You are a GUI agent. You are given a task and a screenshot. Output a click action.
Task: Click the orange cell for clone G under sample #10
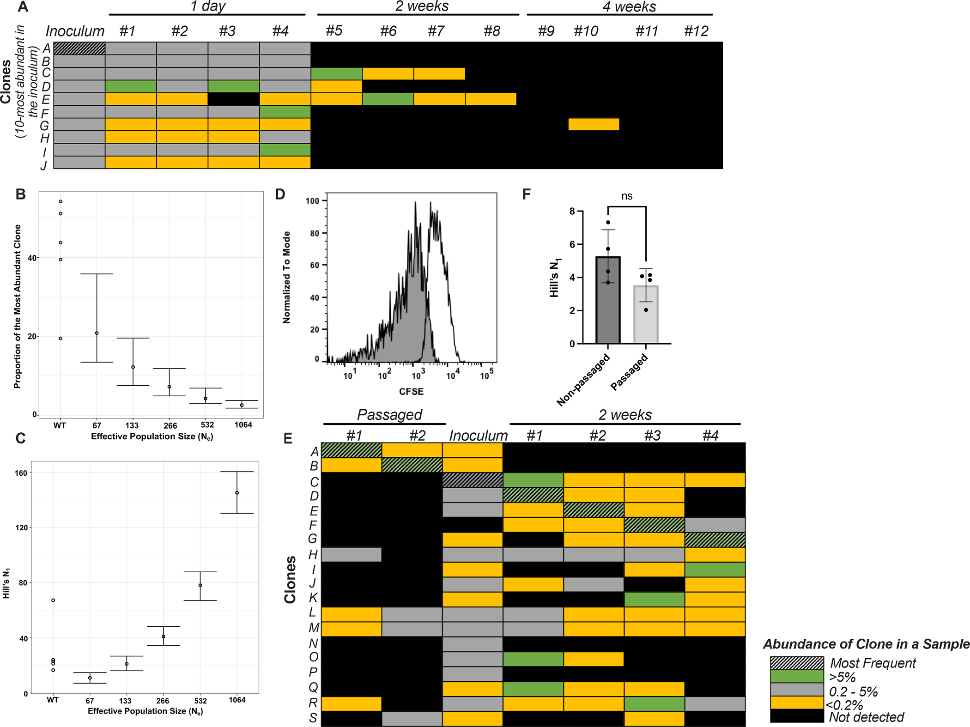tap(594, 125)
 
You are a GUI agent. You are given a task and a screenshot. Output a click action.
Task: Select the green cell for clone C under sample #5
tap(337, 74)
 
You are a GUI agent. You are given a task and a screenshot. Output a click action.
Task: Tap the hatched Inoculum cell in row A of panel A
tap(79, 48)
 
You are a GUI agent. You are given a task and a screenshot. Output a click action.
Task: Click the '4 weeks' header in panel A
tap(629, 7)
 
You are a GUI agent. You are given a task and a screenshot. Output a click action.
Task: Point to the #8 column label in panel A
tap(492, 31)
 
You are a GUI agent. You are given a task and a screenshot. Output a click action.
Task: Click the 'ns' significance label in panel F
tap(626, 196)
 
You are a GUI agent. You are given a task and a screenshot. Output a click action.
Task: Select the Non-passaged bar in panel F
tap(608, 300)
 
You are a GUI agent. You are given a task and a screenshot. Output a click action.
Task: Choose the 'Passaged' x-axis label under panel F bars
tap(630, 372)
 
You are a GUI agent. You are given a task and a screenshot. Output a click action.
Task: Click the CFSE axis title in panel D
tap(411, 391)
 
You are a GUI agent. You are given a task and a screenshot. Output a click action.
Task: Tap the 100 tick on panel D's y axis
tap(313, 201)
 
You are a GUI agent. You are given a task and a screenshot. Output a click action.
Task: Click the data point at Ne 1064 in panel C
tap(237, 493)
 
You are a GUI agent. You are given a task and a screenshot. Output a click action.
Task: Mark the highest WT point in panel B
tap(61, 201)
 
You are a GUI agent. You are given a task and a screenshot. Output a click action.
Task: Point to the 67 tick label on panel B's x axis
tap(97, 425)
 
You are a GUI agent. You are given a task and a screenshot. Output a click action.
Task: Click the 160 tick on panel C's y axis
tap(21, 473)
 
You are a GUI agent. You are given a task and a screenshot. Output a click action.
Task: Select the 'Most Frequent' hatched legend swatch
tap(797, 663)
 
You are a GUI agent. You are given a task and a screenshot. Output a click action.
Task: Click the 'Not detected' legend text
tap(866, 717)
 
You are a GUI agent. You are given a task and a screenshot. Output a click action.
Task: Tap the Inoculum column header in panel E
tap(478, 436)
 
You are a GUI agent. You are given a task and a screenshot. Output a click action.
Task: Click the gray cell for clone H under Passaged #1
tap(352, 554)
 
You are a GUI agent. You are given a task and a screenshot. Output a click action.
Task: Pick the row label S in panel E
tap(313, 718)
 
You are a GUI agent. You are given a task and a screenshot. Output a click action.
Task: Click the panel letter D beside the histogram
tap(280, 194)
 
